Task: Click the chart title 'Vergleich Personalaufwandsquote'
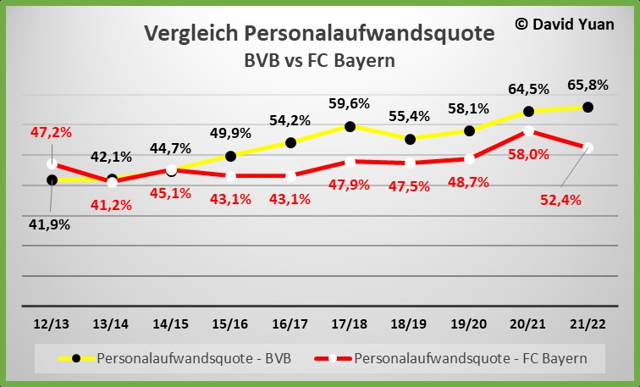(x=319, y=33)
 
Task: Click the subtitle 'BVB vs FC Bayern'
(x=320, y=60)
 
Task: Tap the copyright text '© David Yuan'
(x=565, y=24)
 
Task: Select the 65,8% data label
(x=588, y=85)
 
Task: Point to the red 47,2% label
(x=51, y=132)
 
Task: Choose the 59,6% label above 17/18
(x=348, y=104)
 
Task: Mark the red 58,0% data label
(x=527, y=154)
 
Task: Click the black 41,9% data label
(x=51, y=224)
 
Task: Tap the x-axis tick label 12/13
(x=52, y=324)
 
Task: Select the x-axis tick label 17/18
(x=349, y=324)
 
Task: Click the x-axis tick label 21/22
(x=588, y=324)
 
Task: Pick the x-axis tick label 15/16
(x=230, y=324)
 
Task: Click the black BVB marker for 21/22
(x=588, y=108)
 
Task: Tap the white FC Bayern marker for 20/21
(x=528, y=131)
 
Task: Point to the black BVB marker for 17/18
(x=350, y=126)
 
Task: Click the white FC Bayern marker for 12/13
(x=52, y=163)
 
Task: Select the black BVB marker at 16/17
(x=290, y=142)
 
